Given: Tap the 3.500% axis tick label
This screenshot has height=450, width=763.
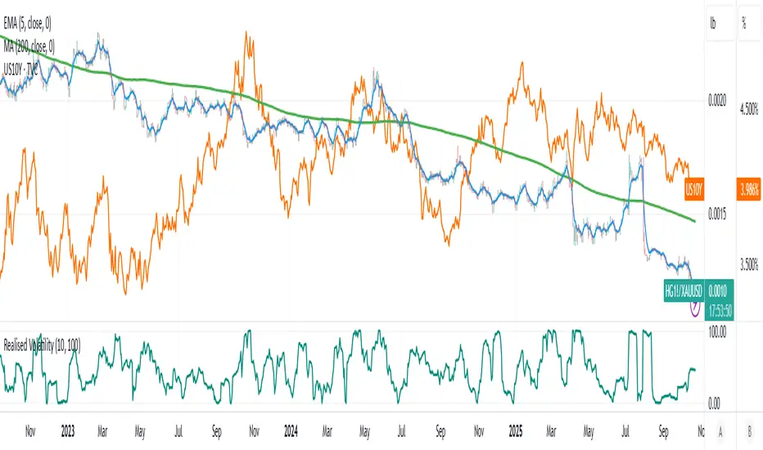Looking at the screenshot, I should [749, 263].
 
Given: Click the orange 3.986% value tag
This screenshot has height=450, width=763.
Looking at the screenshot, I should [749, 189].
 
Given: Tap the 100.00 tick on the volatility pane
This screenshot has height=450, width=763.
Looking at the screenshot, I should [718, 332].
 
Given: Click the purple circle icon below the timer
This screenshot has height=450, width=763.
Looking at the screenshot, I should [695, 308].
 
